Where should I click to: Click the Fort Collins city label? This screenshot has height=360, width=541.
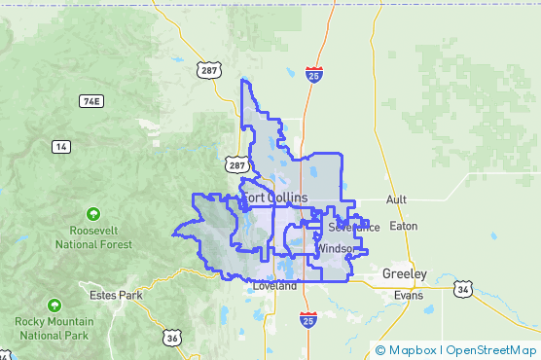tap(275, 198)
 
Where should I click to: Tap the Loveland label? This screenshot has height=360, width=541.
tap(273, 287)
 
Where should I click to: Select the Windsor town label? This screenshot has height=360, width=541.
tap(335, 249)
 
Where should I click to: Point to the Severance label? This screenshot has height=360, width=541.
tap(353, 228)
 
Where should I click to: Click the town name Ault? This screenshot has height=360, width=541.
tap(397, 199)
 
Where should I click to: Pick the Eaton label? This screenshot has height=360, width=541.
tap(403, 226)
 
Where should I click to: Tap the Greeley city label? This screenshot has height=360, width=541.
tap(404, 273)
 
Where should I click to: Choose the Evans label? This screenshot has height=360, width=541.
tap(410, 294)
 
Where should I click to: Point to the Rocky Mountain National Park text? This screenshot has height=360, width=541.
tap(54, 328)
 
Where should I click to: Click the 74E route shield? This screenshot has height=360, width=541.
tap(91, 101)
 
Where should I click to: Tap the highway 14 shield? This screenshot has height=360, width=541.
tap(62, 147)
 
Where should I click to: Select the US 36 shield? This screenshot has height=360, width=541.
tap(172, 338)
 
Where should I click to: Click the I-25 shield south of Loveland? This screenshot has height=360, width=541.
tap(307, 321)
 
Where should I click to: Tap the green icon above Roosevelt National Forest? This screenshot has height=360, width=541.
tap(93, 213)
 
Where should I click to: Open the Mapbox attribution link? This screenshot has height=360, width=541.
tap(412, 350)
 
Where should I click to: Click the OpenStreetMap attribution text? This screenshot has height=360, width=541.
tap(491, 350)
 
